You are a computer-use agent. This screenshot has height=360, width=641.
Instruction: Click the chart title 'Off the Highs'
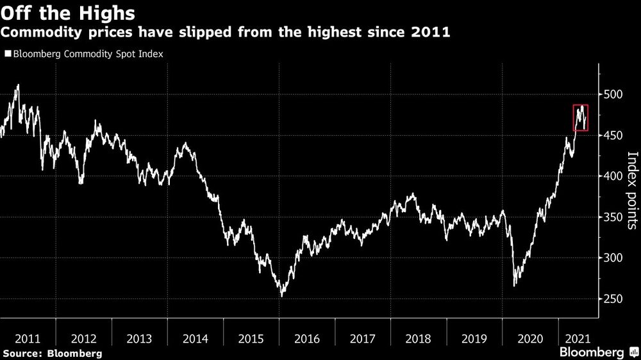[x=68, y=13]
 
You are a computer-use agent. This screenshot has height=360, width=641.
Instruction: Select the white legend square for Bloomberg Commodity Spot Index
[x=8, y=54]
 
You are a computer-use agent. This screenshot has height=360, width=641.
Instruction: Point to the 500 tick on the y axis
[x=613, y=94]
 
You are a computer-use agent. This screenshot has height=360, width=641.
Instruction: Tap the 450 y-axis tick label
[x=613, y=135]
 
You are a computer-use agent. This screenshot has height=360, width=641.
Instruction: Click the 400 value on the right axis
[x=613, y=176]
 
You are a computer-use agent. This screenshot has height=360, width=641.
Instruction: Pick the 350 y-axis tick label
[x=613, y=217]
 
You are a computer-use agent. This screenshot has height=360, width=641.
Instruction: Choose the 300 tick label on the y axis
[x=613, y=258]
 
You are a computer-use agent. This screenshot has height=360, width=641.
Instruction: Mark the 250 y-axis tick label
[x=613, y=299]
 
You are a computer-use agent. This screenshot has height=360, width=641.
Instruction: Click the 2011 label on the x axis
[x=28, y=339]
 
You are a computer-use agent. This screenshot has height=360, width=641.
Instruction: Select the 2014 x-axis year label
[x=196, y=339]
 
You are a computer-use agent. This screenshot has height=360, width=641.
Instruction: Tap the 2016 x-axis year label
[x=307, y=339]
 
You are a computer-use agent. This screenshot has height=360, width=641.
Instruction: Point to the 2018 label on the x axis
[x=418, y=339]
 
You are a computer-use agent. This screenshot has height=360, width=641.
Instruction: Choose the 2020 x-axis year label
[x=530, y=339]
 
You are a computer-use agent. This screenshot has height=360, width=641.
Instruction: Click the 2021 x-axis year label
[x=578, y=339]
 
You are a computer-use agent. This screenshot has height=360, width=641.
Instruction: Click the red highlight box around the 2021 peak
[x=574, y=118]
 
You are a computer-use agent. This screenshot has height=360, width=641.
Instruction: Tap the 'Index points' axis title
[x=632, y=190]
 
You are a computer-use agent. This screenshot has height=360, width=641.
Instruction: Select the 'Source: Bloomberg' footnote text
[x=53, y=354]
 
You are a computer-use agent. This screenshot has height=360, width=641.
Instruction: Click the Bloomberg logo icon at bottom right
[x=634, y=352]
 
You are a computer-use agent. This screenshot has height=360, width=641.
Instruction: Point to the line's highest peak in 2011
[x=18, y=85]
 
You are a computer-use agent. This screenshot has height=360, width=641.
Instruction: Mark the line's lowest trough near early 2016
[x=281, y=296]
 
